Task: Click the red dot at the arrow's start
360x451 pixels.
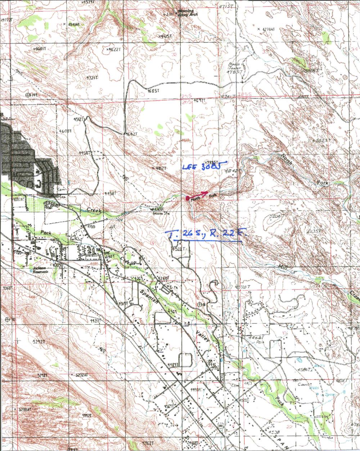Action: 187,198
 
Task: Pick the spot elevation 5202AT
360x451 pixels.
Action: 81,375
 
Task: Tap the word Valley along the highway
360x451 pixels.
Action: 203,338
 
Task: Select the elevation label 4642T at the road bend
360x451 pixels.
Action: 131,134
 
